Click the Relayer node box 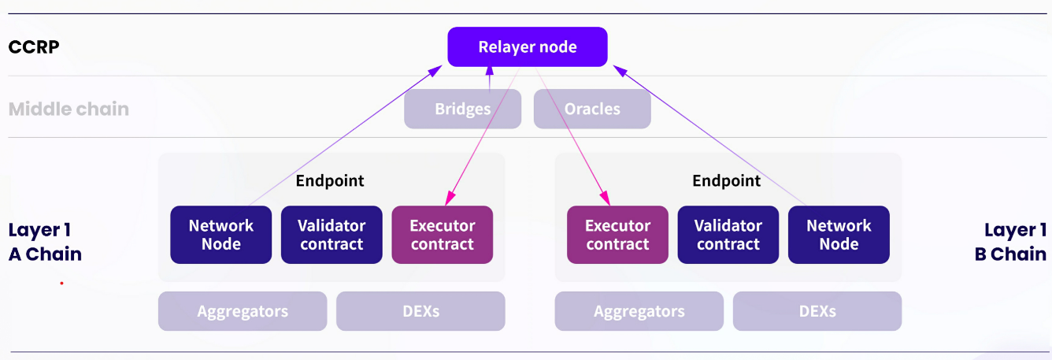tap(528, 47)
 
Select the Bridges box tap(462, 109)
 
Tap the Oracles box tap(592, 109)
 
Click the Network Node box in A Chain tap(221, 235)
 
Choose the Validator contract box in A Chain tap(332, 235)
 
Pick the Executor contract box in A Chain tap(442, 235)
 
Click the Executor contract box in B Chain tap(617, 235)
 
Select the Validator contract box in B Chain tap(728, 235)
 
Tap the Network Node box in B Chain tap(839, 235)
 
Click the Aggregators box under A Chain tap(243, 311)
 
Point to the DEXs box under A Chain tap(420, 311)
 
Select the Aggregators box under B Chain tap(639, 311)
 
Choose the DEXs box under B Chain tap(817, 311)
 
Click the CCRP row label tap(34, 47)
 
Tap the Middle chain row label tap(69, 109)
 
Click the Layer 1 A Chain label tap(45, 242)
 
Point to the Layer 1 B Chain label tap(1010, 242)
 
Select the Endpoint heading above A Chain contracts tap(330, 181)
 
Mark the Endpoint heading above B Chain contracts tap(727, 181)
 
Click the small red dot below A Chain tap(61, 283)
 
